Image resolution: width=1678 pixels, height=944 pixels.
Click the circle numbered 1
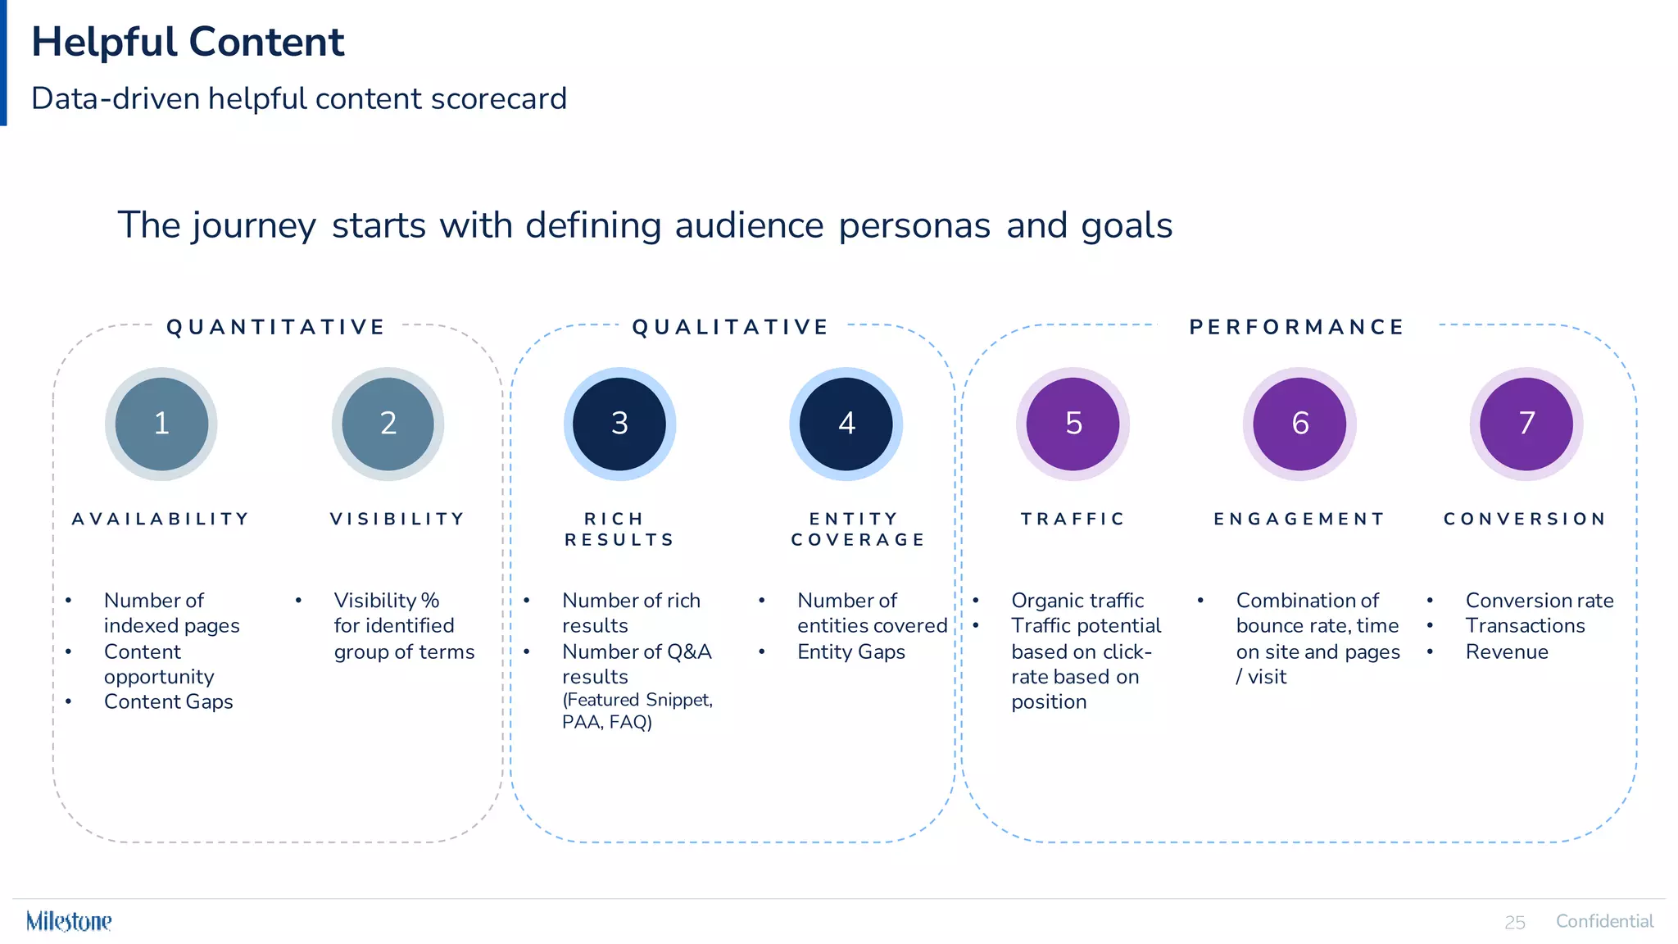coord(161,424)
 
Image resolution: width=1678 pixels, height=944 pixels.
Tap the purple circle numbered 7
coord(1526,424)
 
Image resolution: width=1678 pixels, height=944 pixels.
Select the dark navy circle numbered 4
coord(846,424)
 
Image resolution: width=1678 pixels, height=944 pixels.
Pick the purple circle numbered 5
coord(1073,424)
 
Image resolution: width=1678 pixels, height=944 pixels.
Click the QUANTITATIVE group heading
coord(276,327)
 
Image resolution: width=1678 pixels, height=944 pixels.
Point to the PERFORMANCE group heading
coord(1297,327)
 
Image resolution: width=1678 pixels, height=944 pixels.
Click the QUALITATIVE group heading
coord(731,327)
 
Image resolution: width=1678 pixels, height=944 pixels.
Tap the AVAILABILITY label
coord(161,519)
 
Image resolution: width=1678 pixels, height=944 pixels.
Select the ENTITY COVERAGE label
coord(857,529)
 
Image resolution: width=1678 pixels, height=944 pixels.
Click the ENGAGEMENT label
coord(1299,519)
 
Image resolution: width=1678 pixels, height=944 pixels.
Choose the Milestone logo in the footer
coord(69,921)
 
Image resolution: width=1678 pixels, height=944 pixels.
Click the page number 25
coord(1514,923)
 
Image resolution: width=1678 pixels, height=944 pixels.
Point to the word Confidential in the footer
coord(1604,921)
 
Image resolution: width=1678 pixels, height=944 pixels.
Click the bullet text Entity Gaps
coord(850,651)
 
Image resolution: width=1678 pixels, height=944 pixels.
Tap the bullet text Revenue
coord(1506,651)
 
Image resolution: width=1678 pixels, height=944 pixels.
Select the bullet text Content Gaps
coord(168,701)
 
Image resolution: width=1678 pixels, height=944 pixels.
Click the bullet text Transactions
coord(1525,626)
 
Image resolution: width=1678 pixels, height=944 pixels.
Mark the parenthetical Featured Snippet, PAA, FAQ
coord(637,710)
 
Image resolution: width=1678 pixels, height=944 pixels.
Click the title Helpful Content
coord(188,42)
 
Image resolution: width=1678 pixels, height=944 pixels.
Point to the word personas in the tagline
coord(914,225)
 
